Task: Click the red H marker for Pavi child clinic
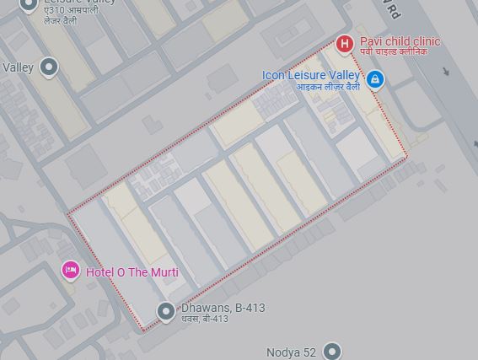(344, 43)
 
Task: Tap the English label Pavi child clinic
(400, 41)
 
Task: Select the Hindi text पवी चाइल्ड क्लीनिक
(394, 52)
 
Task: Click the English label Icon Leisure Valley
(311, 75)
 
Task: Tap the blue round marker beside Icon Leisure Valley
(375, 79)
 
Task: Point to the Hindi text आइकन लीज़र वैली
(324, 87)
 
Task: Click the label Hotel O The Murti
(132, 271)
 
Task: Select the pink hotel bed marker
(71, 270)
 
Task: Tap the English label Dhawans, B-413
(223, 308)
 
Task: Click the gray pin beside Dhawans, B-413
(166, 310)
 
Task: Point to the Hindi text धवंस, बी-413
(205, 320)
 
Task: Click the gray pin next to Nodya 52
(332, 350)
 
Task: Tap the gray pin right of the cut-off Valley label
(49, 67)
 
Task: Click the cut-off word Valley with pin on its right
(18, 67)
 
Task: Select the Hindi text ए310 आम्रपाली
(72, 10)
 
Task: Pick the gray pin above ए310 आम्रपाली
(28, 3)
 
